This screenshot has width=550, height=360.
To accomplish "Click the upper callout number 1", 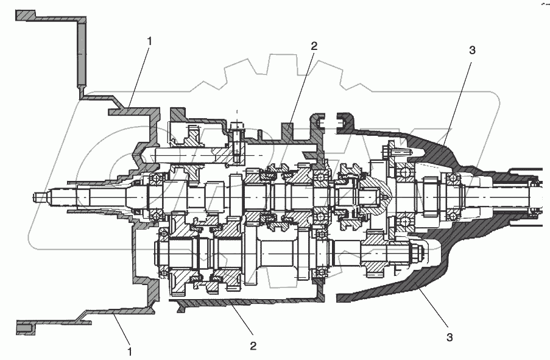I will (151, 41).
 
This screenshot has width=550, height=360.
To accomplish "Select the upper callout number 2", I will (314, 46).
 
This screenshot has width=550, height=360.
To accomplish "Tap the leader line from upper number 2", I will (302, 85).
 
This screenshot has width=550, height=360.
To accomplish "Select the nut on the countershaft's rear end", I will (418, 253).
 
